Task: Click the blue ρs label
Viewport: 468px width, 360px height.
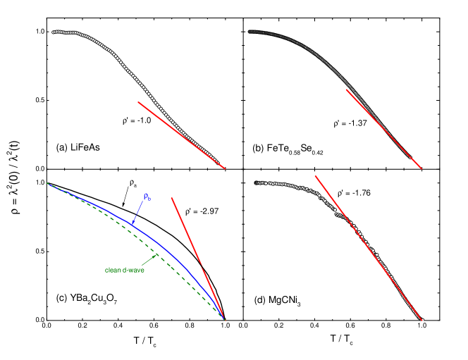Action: click(147, 197)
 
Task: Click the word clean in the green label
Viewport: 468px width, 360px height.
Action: click(113, 270)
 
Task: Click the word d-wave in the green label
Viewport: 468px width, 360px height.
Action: click(133, 270)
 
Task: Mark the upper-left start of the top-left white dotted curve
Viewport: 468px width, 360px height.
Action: click(54, 32)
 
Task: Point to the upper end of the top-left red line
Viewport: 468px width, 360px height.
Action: click(139, 103)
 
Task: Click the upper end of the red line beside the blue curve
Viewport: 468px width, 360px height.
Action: click(171, 198)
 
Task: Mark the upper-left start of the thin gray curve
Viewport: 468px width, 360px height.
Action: click(249, 31)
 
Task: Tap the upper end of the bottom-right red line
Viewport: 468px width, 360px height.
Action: click(315, 176)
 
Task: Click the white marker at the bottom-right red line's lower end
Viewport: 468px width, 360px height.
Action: click(422, 320)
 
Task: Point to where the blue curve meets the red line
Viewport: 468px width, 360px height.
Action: click(224, 319)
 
